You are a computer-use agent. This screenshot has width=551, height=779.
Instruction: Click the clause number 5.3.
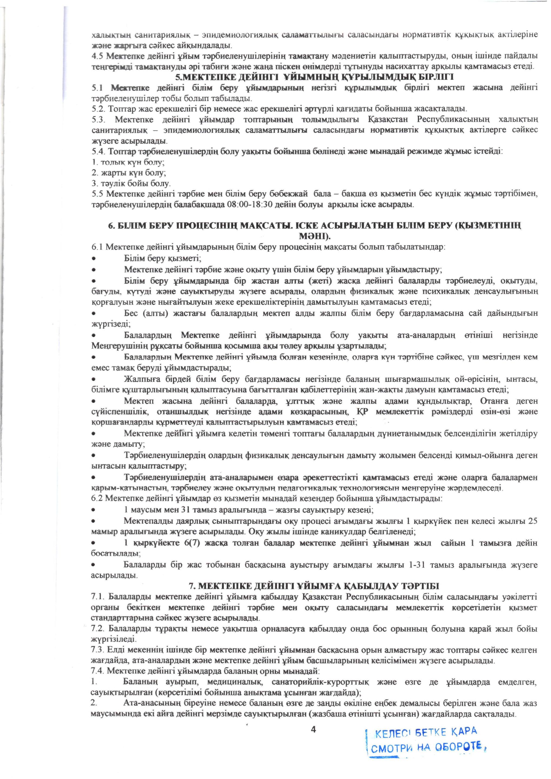coord(98,120)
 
